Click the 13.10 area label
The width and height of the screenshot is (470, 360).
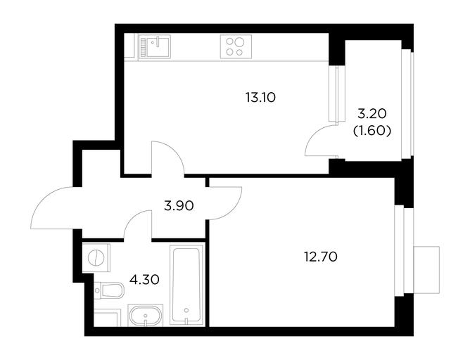click(260, 98)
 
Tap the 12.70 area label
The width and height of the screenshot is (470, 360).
click(321, 257)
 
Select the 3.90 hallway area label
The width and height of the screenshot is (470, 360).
click(179, 206)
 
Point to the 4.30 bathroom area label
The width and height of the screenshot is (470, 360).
click(144, 280)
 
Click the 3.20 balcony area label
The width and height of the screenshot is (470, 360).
click(372, 114)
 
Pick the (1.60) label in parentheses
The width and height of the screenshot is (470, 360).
click(372, 131)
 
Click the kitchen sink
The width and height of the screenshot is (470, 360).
click(155, 46)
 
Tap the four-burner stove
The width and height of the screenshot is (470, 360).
click(236, 46)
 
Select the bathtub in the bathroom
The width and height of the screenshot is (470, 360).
click(186, 285)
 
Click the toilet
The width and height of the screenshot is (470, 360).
click(109, 290)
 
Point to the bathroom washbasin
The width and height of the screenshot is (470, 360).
click(146, 315)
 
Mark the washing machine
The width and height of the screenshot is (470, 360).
click(96, 258)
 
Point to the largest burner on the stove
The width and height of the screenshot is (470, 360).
click(239, 42)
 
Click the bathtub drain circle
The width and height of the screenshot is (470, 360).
click(186, 310)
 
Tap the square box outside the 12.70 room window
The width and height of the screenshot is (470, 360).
click(426, 269)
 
